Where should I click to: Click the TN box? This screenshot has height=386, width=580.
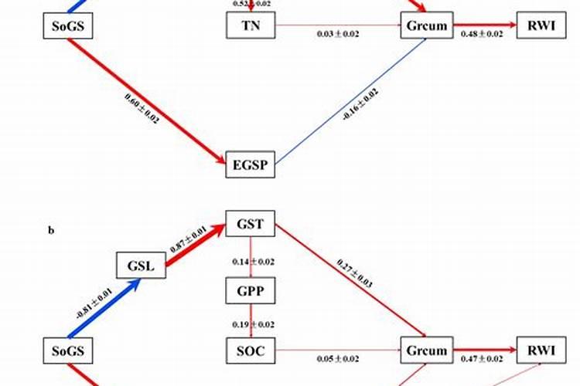(x=251, y=26)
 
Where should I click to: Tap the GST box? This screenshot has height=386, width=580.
(x=251, y=225)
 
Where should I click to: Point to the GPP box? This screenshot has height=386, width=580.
(x=251, y=290)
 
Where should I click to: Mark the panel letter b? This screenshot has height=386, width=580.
(x=51, y=229)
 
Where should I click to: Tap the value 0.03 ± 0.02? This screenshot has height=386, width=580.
(x=338, y=35)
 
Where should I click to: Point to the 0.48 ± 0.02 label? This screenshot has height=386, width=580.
(x=482, y=35)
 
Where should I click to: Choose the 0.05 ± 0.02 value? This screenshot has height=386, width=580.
(x=338, y=359)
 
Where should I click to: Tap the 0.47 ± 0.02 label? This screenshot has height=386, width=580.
(x=482, y=359)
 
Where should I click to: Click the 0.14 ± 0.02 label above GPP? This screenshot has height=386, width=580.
(x=252, y=262)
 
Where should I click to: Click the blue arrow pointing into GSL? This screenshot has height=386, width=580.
(x=108, y=310)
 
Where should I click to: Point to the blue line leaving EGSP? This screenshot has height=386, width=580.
(x=348, y=100)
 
